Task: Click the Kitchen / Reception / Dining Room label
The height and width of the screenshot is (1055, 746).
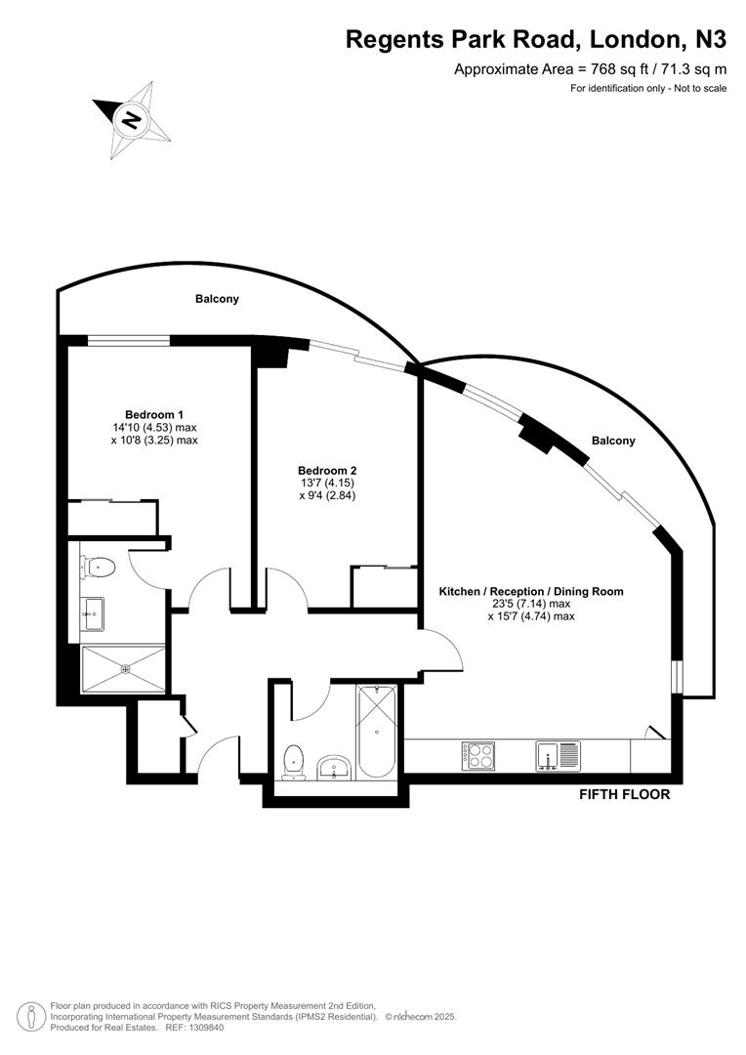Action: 530,591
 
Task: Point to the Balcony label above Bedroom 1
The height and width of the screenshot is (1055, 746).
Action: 216,299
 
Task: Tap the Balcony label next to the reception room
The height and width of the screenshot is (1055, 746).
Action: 612,441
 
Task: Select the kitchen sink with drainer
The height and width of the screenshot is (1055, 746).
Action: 558,756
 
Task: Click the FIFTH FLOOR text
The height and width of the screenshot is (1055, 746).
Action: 625,794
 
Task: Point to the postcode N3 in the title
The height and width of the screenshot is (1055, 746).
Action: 710,40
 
